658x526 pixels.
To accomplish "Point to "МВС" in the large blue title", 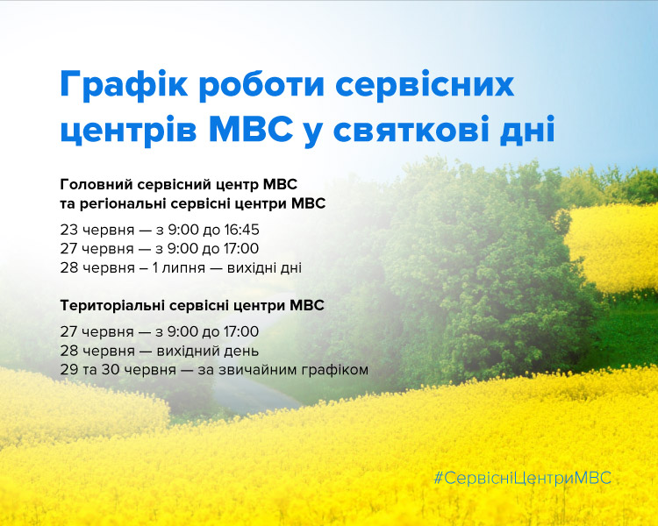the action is (x=251, y=130).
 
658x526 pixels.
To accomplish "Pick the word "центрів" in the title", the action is (x=128, y=131).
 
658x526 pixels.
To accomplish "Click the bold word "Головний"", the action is (x=97, y=184).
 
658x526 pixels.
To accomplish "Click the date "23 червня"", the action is (x=97, y=231).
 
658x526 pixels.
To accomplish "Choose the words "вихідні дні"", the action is (x=264, y=267).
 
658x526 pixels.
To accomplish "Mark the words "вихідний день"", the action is (x=208, y=351).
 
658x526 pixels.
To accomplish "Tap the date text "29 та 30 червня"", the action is (x=118, y=370).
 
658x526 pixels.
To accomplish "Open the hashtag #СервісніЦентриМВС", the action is (x=523, y=478).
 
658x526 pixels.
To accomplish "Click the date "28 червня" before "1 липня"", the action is (x=97, y=267).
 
